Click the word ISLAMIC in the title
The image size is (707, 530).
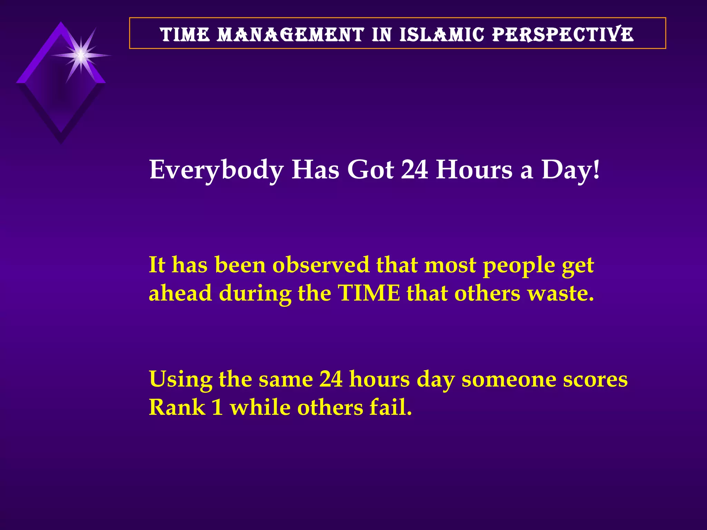point(442,35)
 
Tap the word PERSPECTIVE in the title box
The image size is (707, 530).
point(563,35)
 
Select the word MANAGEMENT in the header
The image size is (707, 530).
point(290,35)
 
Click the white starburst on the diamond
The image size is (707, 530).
point(81,55)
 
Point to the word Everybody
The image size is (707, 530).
point(216,170)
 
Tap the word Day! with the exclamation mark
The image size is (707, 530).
point(571,170)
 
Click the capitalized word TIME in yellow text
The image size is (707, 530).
point(369,293)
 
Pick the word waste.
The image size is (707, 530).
point(561,293)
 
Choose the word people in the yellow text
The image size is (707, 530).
point(519,266)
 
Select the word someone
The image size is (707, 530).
point(509,379)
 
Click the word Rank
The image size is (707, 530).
point(177,408)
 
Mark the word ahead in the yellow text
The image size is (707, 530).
point(180,293)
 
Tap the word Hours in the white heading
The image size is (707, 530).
point(474,170)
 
